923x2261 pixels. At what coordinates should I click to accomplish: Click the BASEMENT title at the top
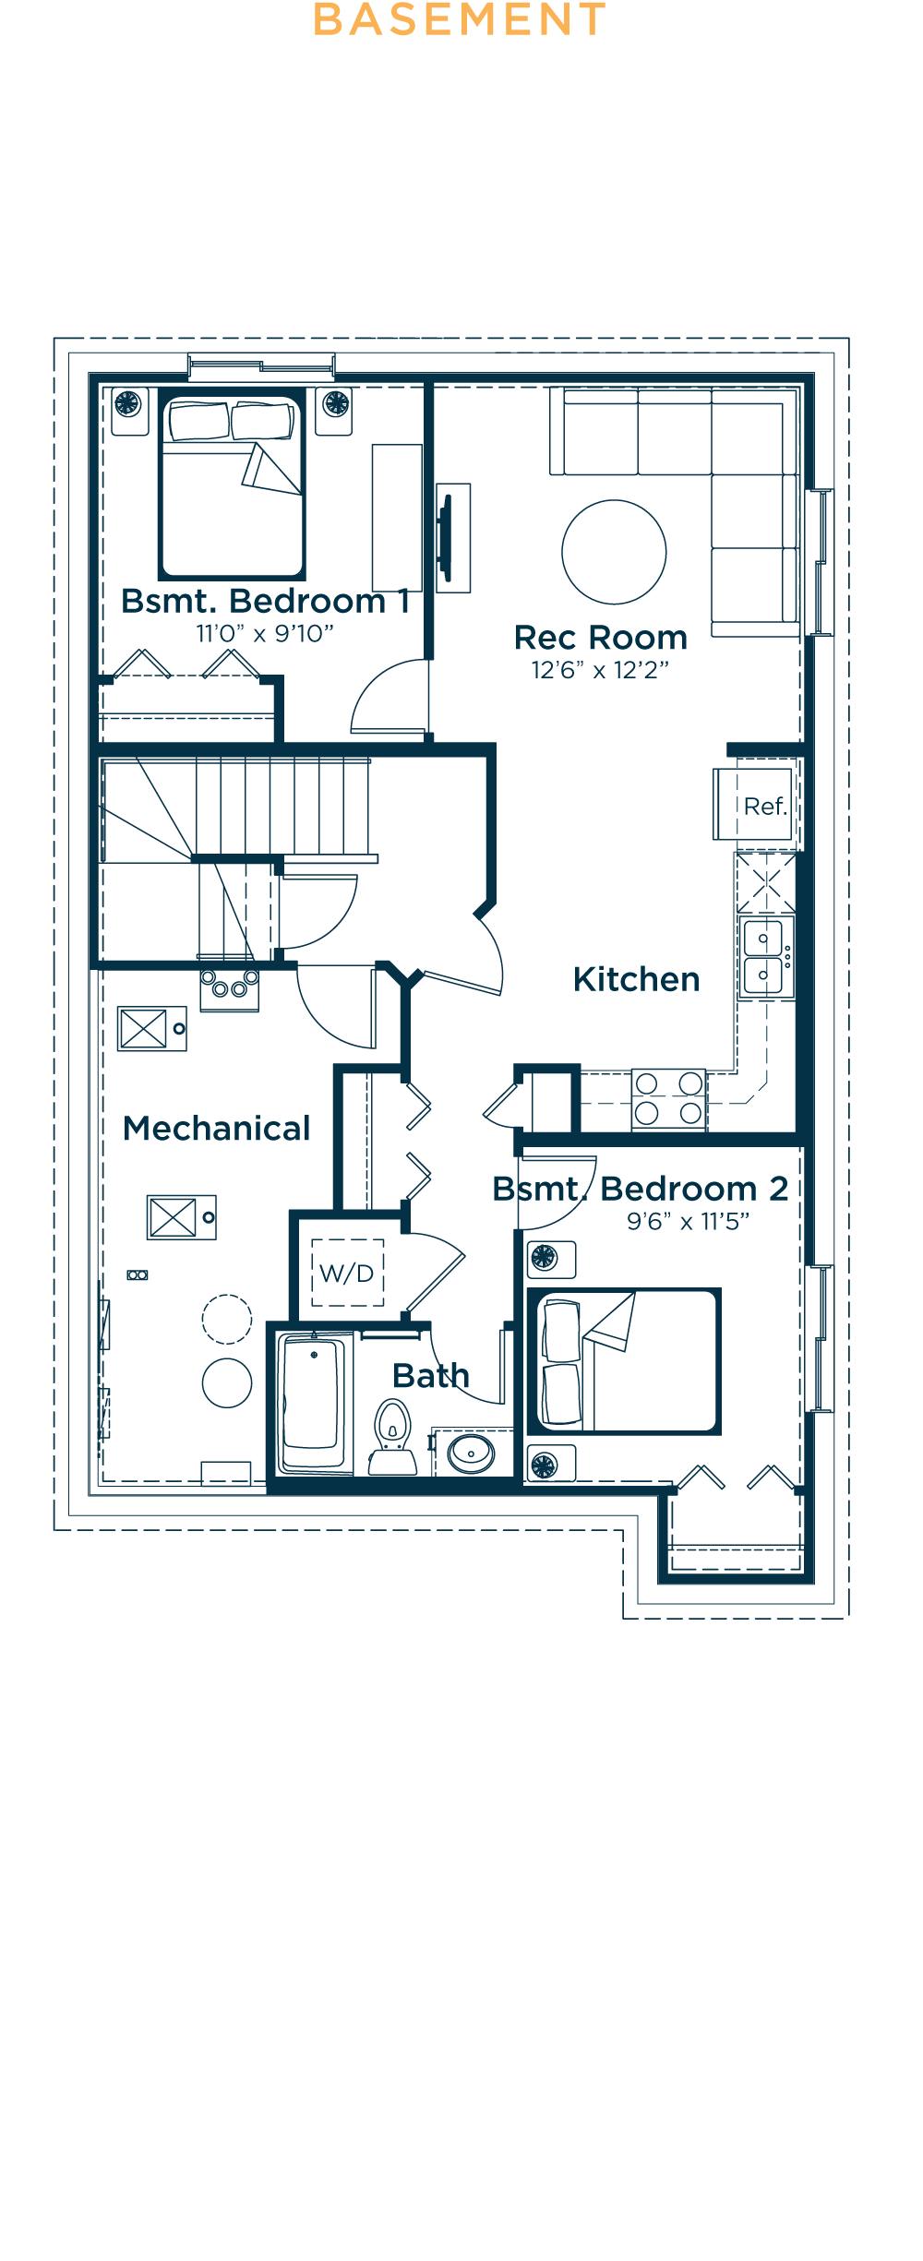(460, 20)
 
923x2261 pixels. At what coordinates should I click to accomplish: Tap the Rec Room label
(601, 638)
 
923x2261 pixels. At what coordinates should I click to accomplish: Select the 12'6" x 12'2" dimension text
(600, 671)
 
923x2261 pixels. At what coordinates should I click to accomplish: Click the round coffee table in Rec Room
(614, 552)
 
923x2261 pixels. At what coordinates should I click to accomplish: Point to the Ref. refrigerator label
(765, 807)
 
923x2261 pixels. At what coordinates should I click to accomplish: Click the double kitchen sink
(764, 956)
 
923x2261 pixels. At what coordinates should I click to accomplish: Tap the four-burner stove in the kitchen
(668, 1098)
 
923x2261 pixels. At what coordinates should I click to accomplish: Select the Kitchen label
(636, 979)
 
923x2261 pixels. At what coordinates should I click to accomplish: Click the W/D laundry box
(347, 1274)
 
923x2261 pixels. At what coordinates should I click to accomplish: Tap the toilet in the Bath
(392, 1435)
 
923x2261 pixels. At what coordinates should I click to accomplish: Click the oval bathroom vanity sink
(471, 1453)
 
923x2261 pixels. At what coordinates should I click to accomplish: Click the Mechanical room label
(217, 1129)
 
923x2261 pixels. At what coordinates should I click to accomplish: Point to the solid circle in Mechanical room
(227, 1382)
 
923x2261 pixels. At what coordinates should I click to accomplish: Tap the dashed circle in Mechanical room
(227, 1319)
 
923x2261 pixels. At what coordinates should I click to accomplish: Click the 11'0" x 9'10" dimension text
(265, 634)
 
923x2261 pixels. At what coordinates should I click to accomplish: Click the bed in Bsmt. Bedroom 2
(624, 1361)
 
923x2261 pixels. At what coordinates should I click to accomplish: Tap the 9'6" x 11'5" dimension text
(688, 1222)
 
